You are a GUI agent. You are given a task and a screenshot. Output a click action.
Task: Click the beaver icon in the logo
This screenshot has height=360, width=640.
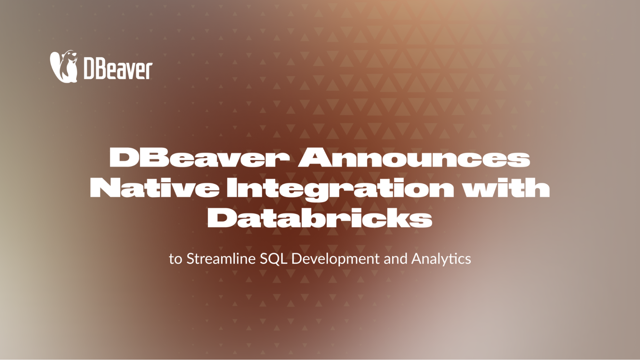pyautogui.click(x=64, y=66)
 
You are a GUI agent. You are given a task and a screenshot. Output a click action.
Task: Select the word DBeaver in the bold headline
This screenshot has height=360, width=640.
pyautogui.click(x=199, y=157)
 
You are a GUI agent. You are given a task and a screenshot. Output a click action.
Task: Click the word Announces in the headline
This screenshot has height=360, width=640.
pyautogui.click(x=414, y=157)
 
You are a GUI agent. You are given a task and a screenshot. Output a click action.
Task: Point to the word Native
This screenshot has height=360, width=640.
pyautogui.click(x=155, y=188)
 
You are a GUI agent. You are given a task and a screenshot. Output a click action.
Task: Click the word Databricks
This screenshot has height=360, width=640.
pyautogui.click(x=320, y=218)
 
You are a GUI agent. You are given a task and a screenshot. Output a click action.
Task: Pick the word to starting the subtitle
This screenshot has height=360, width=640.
pyautogui.click(x=175, y=259)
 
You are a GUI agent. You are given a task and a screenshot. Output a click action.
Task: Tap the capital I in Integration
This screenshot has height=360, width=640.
pyautogui.click(x=231, y=188)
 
